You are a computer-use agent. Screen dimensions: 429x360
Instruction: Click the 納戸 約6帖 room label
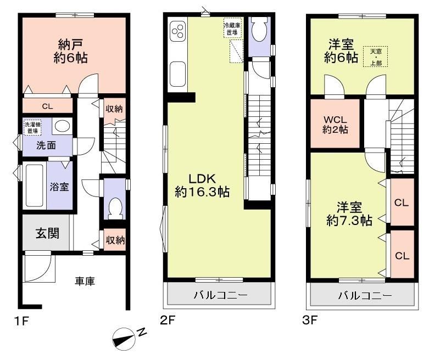pyautogui.click(x=71, y=52)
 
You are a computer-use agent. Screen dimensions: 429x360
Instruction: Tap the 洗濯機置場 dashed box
pyautogui.click(x=32, y=127)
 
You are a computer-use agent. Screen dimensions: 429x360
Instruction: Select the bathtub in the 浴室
pyautogui.click(x=35, y=185)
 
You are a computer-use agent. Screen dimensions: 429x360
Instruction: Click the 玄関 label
pyautogui.click(x=47, y=233)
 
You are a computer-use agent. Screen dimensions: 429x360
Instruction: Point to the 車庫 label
pyautogui.click(x=85, y=281)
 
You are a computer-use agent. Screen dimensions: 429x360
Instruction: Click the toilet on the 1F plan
pyautogui.click(x=115, y=209)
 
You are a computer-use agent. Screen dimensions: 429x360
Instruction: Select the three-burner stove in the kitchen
pyautogui.click(x=177, y=31)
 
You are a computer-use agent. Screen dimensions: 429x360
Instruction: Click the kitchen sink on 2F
pyautogui.click(x=177, y=74)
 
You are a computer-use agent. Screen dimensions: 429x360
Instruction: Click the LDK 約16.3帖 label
pyautogui.click(x=202, y=185)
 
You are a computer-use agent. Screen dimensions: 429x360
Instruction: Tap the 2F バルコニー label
pyautogui.click(x=220, y=295)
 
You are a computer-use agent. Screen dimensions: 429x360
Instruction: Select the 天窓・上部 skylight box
pyautogui.click(x=376, y=57)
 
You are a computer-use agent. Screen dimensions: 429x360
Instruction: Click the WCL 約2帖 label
pyautogui.click(x=335, y=125)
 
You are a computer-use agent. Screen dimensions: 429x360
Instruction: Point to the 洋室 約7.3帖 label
pyautogui.click(x=349, y=214)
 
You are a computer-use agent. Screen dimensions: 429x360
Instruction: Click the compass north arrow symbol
pyautogui.click(x=124, y=339)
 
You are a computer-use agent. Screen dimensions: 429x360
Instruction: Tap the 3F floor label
pyautogui.click(x=310, y=320)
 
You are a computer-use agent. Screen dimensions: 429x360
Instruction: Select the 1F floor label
pyautogui.click(x=21, y=320)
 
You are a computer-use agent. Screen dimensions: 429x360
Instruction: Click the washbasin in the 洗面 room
pyautogui.click(x=63, y=126)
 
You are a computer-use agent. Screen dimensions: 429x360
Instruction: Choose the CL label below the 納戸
pyautogui.click(x=47, y=106)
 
